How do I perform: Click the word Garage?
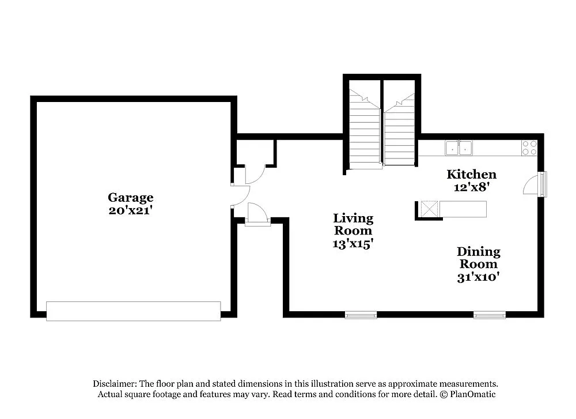(131, 198)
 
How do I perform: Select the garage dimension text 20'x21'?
(131, 210)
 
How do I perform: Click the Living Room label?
(353, 225)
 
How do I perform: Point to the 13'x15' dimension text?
(353, 244)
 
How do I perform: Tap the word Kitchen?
(472, 174)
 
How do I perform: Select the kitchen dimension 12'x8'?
(472, 187)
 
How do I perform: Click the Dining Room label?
(478, 258)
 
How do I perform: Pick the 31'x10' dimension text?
(478, 277)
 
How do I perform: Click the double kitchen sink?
(458, 148)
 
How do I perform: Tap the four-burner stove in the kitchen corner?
(529, 148)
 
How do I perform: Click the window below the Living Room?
(361, 315)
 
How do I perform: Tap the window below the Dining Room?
(490, 315)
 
